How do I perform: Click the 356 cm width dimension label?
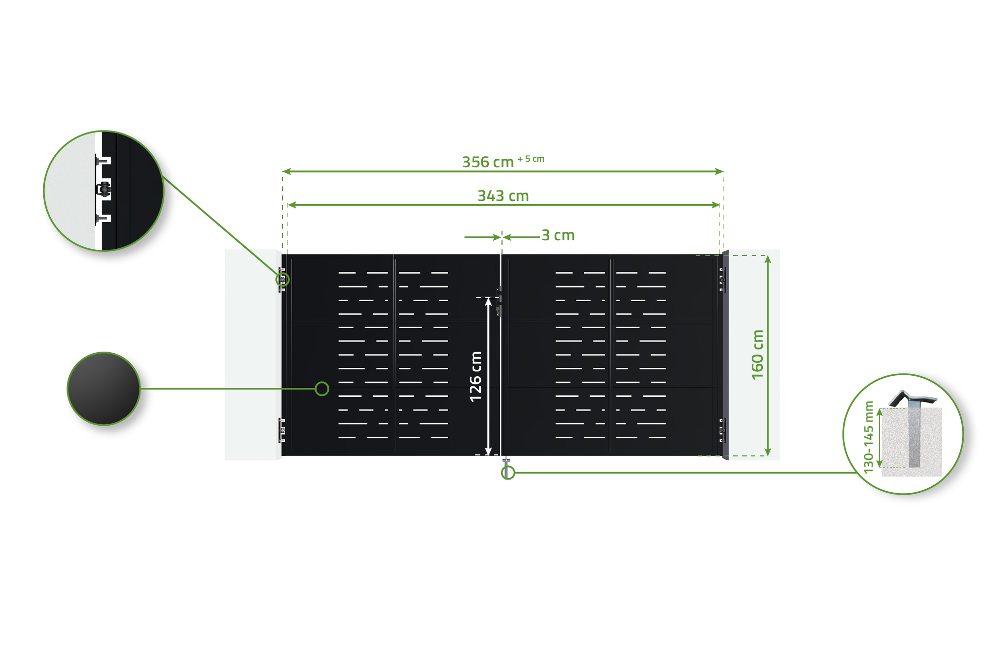click(x=487, y=162)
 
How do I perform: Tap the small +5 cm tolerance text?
click(x=531, y=159)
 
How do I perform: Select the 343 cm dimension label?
click(x=503, y=196)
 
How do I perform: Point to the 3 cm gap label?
click(x=558, y=235)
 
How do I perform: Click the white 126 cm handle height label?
click(x=476, y=376)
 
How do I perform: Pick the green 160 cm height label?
click(x=757, y=355)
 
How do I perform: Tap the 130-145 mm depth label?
click(x=869, y=437)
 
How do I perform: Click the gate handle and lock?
click(x=498, y=302)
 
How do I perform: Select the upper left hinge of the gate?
click(x=282, y=280)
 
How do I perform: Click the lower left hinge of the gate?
click(x=282, y=431)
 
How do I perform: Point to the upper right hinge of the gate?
click(x=722, y=280)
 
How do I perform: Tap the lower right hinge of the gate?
click(x=722, y=431)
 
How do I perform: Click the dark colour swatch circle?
click(x=104, y=388)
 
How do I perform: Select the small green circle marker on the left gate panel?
click(x=322, y=388)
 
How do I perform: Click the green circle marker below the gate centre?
click(x=508, y=473)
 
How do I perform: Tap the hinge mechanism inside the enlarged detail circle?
click(x=104, y=189)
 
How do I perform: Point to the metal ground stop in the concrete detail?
click(x=914, y=428)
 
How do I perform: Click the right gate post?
click(x=726, y=355)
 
